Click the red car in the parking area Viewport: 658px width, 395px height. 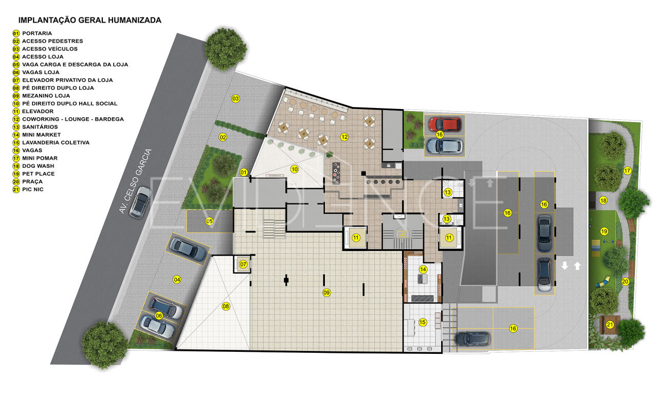pyautogui.click(x=445, y=124)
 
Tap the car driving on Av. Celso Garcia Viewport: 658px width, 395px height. pyautogui.click(x=140, y=202)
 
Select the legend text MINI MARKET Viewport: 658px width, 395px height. pyautogui.click(x=42, y=135)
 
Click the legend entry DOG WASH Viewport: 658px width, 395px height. pyautogui.click(x=38, y=166)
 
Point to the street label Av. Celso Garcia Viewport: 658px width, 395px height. pyautogui.click(x=135, y=181)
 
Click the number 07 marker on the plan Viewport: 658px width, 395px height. pyautogui.click(x=243, y=264)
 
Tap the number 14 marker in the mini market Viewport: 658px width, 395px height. pyautogui.click(x=423, y=269)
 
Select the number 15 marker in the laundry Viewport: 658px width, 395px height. pyautogui.click(x=423, y=322)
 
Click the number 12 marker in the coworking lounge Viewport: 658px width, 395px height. pyautogui.click(x=344, y=137)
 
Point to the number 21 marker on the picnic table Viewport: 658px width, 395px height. pyautogui.click(x=610, y=325)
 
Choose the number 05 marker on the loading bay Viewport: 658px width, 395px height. pyautogui.click(x=209, y=221)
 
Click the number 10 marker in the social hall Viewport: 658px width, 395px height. pyautogui.click(x=295, y=169)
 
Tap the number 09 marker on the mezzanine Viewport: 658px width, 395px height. pyautogui.click(x=326, y=293)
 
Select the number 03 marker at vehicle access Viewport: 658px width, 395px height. pyautogui.click(x=235, y=98)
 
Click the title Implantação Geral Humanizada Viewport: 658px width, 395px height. pyautogui.click(x=90, y=20)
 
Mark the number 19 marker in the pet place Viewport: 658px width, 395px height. pyautogui.click(x=604, y=231)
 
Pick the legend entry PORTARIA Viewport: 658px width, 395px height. pyautogui.click(x=37, y=33)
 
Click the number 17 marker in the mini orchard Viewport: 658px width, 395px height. pyautogui.click(x=627, y=170)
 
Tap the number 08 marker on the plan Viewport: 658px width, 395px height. pyautogui.click(x=226, y=306)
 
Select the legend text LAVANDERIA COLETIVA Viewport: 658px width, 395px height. pyautogui.click(x=56, y=142)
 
